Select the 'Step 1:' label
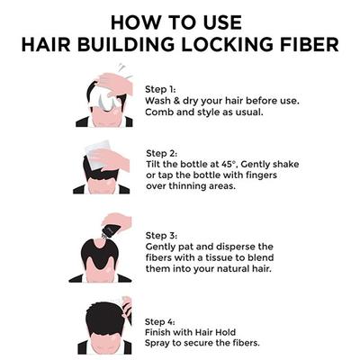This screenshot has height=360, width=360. pyautogui.click(x=163, y=89)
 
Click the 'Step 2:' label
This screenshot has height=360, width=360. pyautogui.click(x=163, y=153)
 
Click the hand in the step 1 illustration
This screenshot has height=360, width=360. pyautogui.click(x=115, y=84)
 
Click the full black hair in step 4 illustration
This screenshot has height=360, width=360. pyautogui.click(x=101, y=316)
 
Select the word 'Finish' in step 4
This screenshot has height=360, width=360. pyautogui.click(x=160, y=332)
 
